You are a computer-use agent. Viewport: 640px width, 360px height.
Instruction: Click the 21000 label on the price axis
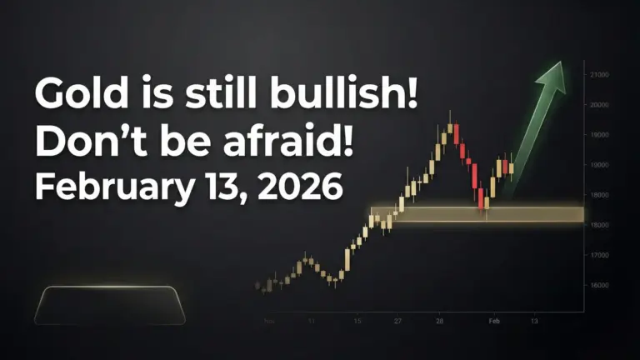tap(598, 75)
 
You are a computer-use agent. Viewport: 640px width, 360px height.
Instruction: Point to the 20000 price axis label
tap(598, 105)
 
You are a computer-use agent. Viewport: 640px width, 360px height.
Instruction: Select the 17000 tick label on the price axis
tap(598, 255)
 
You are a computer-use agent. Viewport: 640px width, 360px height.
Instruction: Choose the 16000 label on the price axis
tap(598, 285)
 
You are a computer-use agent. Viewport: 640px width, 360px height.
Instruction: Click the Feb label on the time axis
tap(493, 320)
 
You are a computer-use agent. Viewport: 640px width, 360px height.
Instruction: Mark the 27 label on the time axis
tap(397, 320)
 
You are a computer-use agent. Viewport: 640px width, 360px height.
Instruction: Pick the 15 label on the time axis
tap(357, 320)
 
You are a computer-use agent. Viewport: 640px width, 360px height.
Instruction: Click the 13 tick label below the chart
tap(533, 320)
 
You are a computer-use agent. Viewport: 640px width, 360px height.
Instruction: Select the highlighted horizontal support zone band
tap(477, 214)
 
